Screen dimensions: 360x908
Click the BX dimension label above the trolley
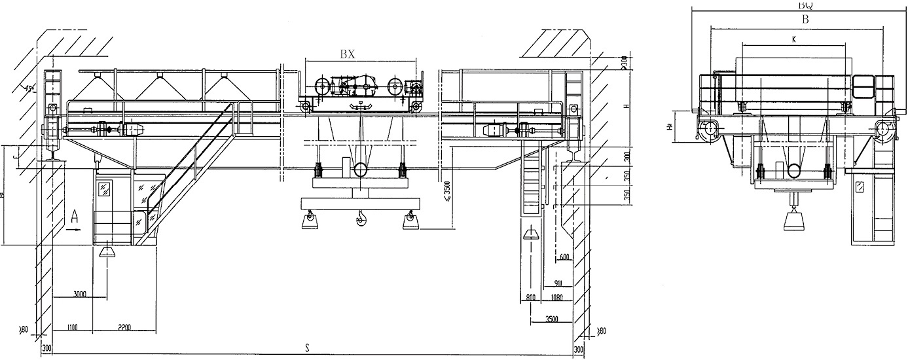(x=347, y=55)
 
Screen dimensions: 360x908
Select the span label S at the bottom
(x=306, y=348)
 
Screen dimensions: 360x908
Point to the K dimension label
(x=793, y=39)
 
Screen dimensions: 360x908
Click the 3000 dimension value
(x=81, y=295)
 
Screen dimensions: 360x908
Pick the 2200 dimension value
(x=126, y=326)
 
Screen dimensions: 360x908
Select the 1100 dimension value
(x=73, y=326)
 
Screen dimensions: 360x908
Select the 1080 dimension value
(x=557, y=298)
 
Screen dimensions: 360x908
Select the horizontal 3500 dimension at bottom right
(x=553, y=319)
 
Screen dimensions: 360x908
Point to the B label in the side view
(x=805, y=20)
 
